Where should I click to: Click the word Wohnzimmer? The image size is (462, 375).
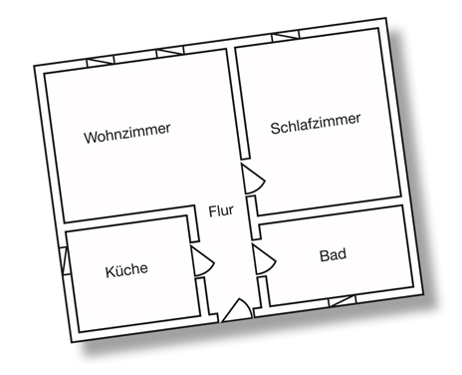[127, 131]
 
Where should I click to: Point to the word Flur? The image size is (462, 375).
[220, 211]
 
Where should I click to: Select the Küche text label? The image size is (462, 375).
[126, 269]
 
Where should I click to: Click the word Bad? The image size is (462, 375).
[333, 255]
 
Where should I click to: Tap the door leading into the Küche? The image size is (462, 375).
[204, 262]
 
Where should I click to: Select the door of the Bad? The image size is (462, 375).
[262, 260]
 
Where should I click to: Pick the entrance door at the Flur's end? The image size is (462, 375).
[236, 310]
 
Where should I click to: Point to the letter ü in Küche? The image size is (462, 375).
[119, 270]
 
